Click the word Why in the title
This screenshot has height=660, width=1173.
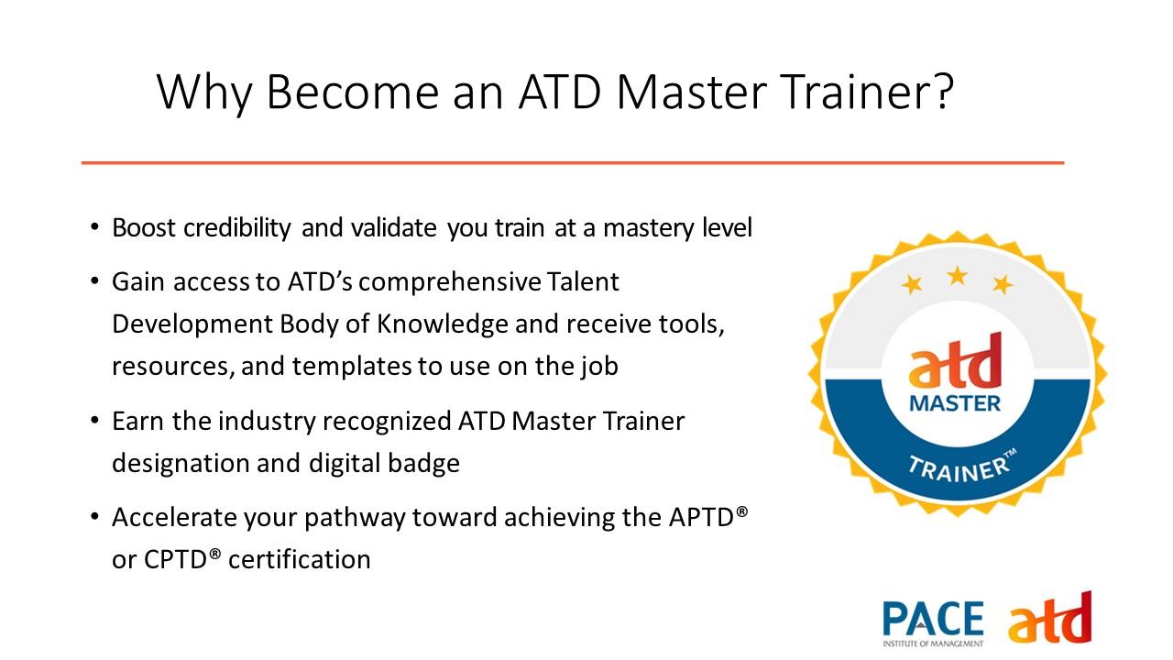pos(204,93)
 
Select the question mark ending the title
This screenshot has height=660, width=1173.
pos(944,90)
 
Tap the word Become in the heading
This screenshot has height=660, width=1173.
pos(353,92)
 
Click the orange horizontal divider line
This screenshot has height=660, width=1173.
pos(573,163)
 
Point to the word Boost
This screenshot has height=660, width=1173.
pos(144,228)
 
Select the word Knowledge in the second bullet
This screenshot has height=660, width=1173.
pos(442,324)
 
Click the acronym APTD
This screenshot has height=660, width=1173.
pos(701,518)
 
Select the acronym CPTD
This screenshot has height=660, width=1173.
pos(175,559)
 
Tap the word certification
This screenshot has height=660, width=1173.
pos(300,559)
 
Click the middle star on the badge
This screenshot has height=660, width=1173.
pos(958,276)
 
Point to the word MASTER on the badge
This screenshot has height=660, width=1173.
pos(955,404)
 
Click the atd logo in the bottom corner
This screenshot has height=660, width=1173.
pos(1050,619)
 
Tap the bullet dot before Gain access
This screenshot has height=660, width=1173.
pos(94,281)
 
